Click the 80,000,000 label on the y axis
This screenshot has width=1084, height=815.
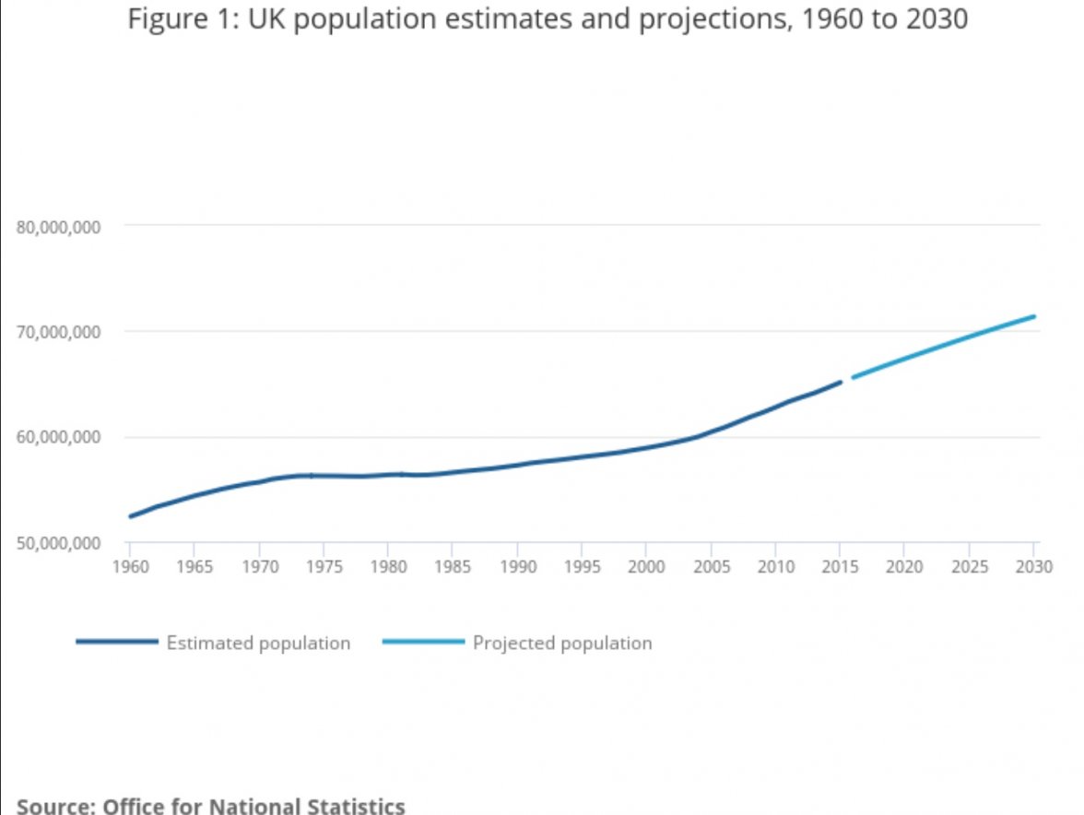[x=58, y=228]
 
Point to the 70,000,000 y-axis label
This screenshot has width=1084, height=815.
[x=58, y=332]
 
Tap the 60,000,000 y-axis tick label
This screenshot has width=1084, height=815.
[x=58, y=437]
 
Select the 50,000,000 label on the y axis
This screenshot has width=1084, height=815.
[x=58, y=543]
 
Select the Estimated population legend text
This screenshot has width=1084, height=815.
[x=258, y=644]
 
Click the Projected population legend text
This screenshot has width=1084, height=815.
[x=562, y=644]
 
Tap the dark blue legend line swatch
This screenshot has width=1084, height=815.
[x=117, y=642]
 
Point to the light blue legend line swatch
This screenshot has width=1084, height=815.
[x=423, y=642]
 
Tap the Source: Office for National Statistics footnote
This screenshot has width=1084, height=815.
[x=211, y=806]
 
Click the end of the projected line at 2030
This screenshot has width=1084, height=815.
[x=1034, y=317]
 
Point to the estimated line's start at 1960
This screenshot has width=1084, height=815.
[x=130, y=516]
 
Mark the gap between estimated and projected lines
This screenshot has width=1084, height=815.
[x=847, y=380]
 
